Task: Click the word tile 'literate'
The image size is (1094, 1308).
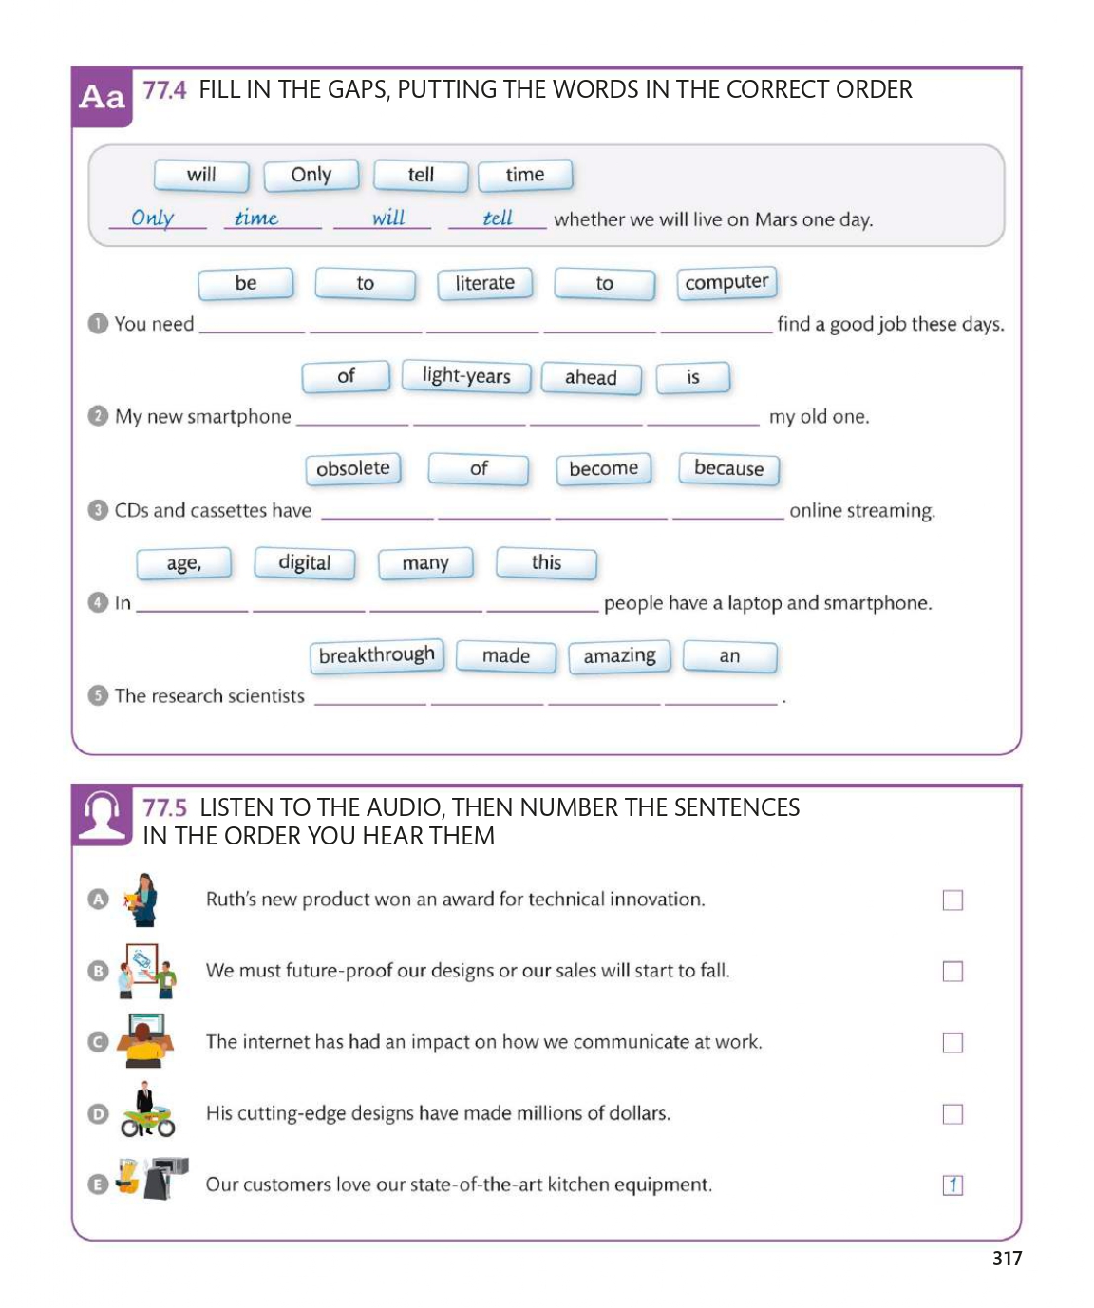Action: click(484, 283)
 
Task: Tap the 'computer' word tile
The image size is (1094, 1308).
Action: click(726, 283)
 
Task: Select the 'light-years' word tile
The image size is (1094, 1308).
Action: click(466, 376)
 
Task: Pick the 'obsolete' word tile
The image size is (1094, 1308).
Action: click(353, 468)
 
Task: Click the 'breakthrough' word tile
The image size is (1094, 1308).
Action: click(377, 655)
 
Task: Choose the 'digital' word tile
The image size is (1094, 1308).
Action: click(305, 562)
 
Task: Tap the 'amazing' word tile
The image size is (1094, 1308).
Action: click(619, 656)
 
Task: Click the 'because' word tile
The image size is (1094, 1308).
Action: click(728, 468)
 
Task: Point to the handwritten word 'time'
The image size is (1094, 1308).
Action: click(256, 218)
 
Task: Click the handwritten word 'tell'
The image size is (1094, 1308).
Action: click(498, 218)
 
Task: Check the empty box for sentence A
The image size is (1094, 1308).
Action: click(953, 900)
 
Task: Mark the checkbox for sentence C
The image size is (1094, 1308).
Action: click(953, 1043)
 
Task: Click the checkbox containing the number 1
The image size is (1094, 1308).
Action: click(953, 1185)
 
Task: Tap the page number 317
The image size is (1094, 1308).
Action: click(1007, 1259)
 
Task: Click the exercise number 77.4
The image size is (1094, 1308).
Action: click(164, 90)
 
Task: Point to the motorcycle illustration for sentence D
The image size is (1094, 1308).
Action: click(147, 1112)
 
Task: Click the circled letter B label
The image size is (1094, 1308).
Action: click(98, 971)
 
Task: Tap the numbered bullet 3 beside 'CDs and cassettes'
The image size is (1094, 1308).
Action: click(98, 510)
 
